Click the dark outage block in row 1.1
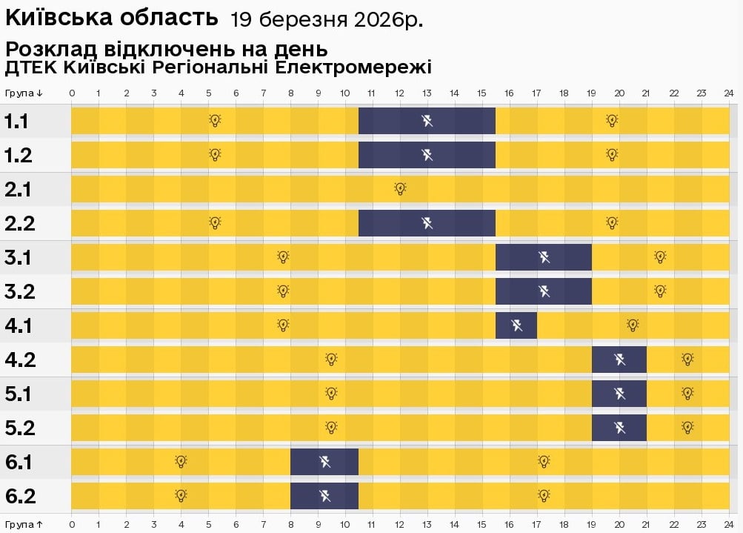click(x=427, y=120)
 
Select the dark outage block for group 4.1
click(x=516, y=325)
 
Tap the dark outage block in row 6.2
click(x=324, y=495)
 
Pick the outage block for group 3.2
click(x=544, y=291)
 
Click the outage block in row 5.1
click(x=619, y=393)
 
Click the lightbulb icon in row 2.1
click(x=400, y=188)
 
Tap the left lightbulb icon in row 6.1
click(x=181, y=461)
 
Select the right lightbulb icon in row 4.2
click(x=687, y=359)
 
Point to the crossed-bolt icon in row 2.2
click(x=427, y=222)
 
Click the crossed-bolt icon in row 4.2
click(x=619, y=359)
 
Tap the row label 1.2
click(x=17, y=155)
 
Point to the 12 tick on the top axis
click(x=400, y=93)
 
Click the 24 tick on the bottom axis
click(x=729, y=524)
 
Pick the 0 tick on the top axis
click(x=72, y=93)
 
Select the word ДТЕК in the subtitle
click(x=31, y=68)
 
